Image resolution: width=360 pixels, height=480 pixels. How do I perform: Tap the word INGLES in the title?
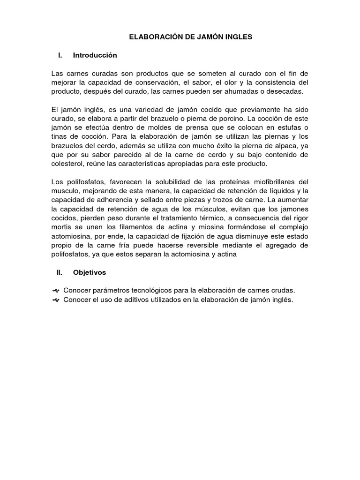pyautogui.click(x=239, y=36)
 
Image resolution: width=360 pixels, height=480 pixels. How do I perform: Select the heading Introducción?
pyautogui.click(x=95, y=55)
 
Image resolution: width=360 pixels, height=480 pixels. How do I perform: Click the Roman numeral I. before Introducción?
pyautogui.click(x=60, y=55)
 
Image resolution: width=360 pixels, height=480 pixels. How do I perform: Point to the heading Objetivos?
pyautogui.click(x=90, y=272)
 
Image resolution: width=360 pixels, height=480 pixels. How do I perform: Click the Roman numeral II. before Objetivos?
pyautogui.click(x=59, y=272)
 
